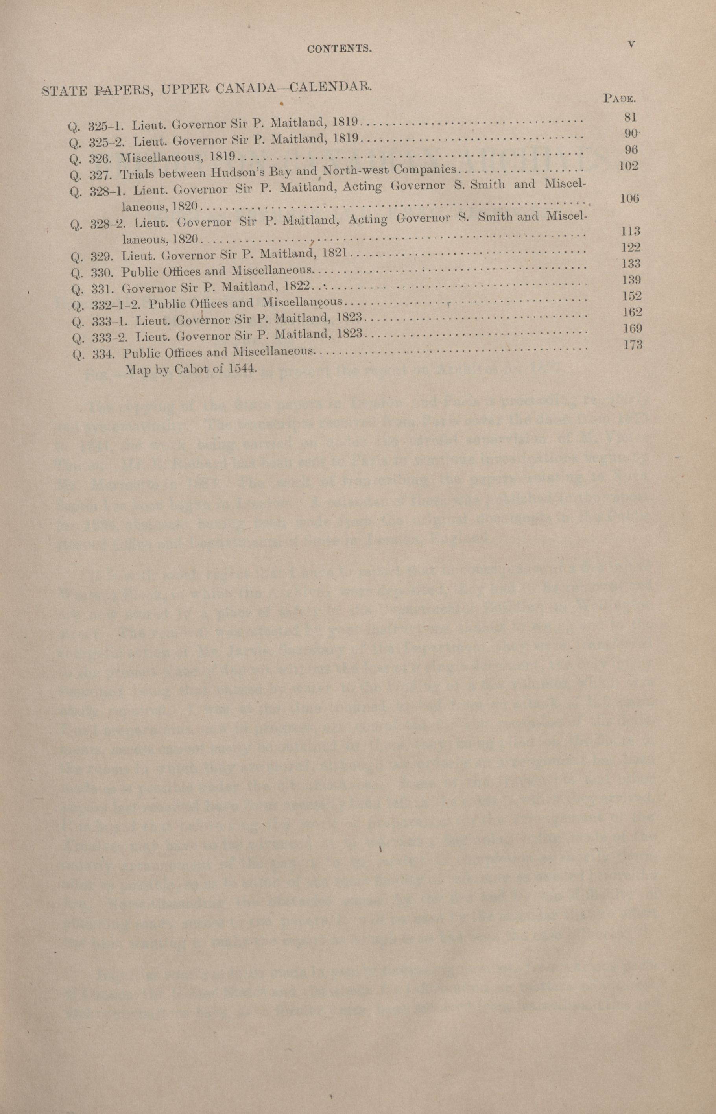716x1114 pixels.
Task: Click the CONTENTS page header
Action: [x=340, y=49]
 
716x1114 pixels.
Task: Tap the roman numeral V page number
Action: [x=631, y=44]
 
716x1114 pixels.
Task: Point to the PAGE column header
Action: [x=619, y=98]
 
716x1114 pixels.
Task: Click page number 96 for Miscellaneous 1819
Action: [x=631, y=149]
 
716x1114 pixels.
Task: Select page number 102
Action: [x=629, y=166]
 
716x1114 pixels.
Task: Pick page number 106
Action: [x=629, y=198]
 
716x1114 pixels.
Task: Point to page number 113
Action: [x=631, y=231]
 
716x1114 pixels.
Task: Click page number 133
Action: [x=631, y=264]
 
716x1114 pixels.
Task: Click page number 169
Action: [x=632, y=328]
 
